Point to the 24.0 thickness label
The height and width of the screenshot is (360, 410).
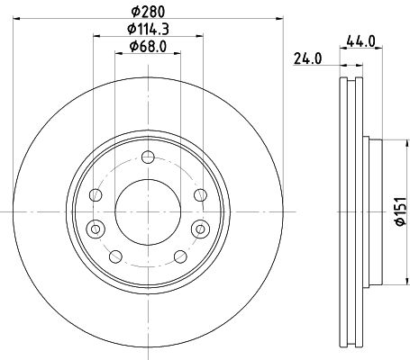[x=307, y=60]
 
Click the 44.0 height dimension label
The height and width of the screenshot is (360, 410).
[x=360, y=40]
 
